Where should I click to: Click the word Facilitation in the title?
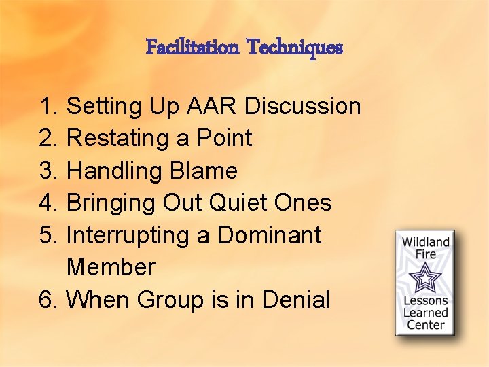click(x=192, y=48)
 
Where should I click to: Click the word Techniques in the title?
click(x=295, y=48)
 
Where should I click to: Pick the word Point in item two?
click(x=224, y=139)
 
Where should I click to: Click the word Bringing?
click(x=111, y=203)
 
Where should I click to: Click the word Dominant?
click(x=269, y=235)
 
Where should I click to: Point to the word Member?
click(x=111, y=267)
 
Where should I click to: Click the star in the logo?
click(x=426, y=277)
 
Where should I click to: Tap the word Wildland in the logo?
click(x=426, y=242)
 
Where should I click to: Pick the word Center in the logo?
click(x=426, y=324)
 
